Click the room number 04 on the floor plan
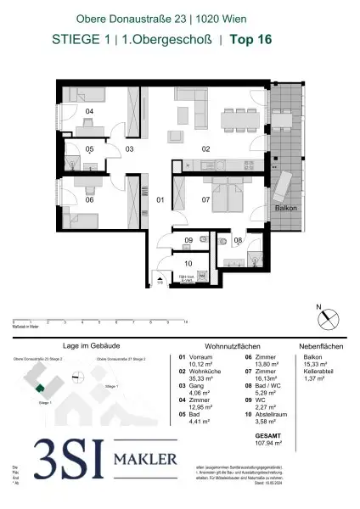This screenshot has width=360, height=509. [x=88, y=111]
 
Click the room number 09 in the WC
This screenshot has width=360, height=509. [x=188, y=241]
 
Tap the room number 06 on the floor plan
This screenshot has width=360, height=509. [x=89, y=200]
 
